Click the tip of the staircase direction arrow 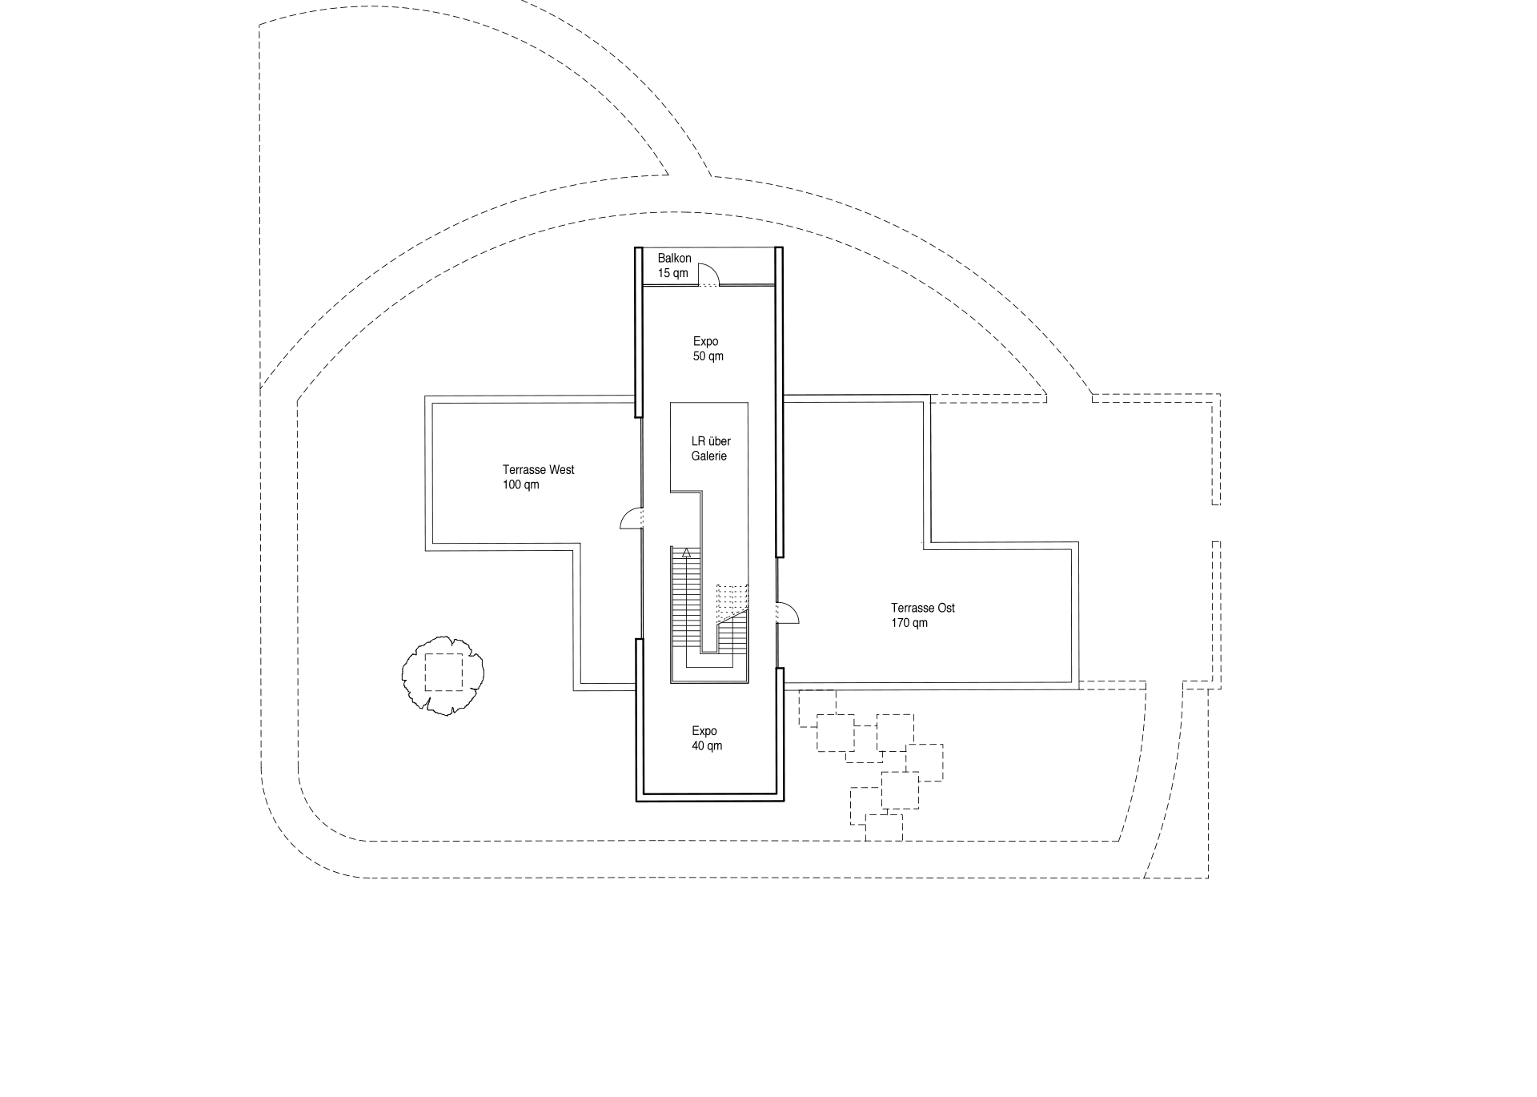click(x=686, y=548)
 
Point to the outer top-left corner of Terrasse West click(x=425, y=396)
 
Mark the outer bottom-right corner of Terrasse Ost click(x=1078, y=689)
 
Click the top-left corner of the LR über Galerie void click(x=670, y=403)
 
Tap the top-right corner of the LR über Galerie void click(x=748, y=403)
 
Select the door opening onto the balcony click(x=709, y=275)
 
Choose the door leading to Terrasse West click(x=631, y=519)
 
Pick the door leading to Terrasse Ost click(x=788, y=613)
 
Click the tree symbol click(x=443, y=674)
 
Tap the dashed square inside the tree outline click(x=444, y=672)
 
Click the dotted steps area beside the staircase click(x=732, y=601)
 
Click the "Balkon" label click(x=674, y=259)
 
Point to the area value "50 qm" click(x=708, y=356)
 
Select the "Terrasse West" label click(x=539, y=470)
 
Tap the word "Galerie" click(x=709, y=456)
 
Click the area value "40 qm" click(x=707, y=746)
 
